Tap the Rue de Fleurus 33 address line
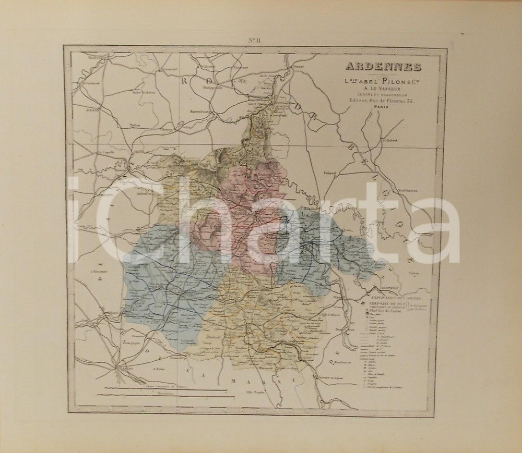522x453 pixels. [375, 100]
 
